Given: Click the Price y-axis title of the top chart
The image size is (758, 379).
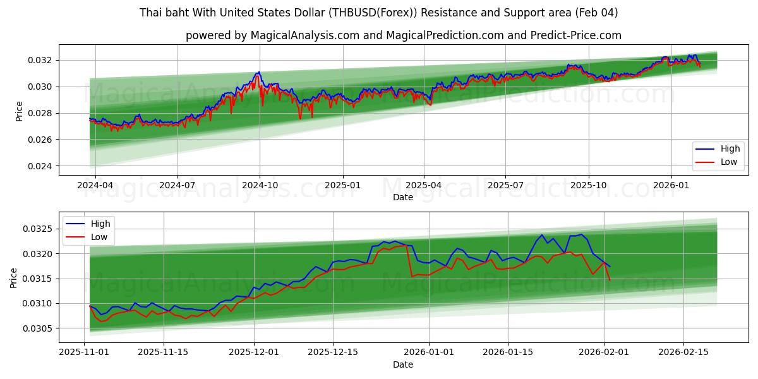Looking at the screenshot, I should (x=19, y=111).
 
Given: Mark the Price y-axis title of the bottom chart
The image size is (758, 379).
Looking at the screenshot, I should (x=14, y=277).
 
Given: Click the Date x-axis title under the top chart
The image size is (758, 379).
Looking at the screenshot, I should (x=403, y=198).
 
